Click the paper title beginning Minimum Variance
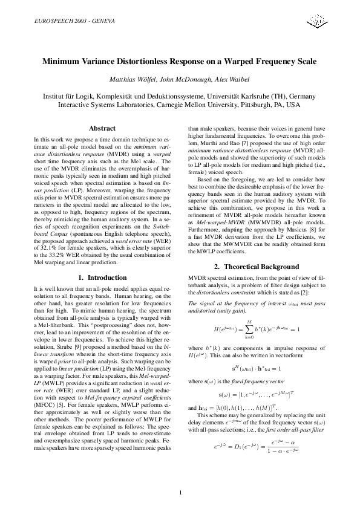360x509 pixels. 180,62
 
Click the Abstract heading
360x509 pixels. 102,128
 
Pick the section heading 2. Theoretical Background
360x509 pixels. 257,283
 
